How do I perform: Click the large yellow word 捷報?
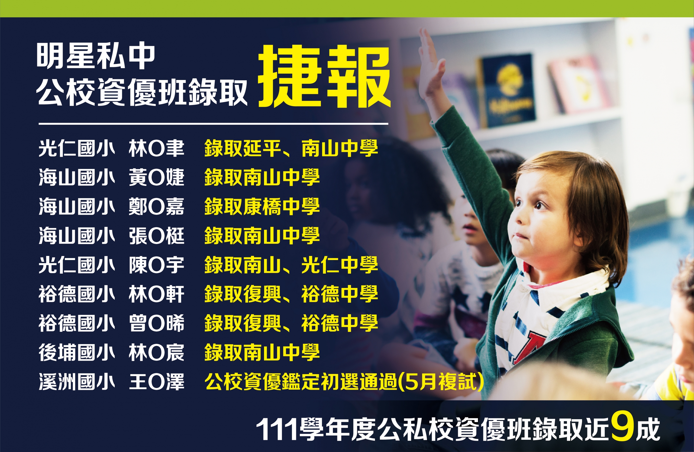324,76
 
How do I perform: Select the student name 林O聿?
157,148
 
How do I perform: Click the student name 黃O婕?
157,177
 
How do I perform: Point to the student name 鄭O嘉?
157,206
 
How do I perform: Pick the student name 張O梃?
157,236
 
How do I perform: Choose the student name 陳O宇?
157,265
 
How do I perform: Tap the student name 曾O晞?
157,323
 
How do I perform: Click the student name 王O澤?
157,382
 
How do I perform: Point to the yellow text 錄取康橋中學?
262,206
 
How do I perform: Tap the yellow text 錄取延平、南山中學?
291,148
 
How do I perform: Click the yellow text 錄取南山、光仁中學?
291,265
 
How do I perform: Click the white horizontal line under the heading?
213,124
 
